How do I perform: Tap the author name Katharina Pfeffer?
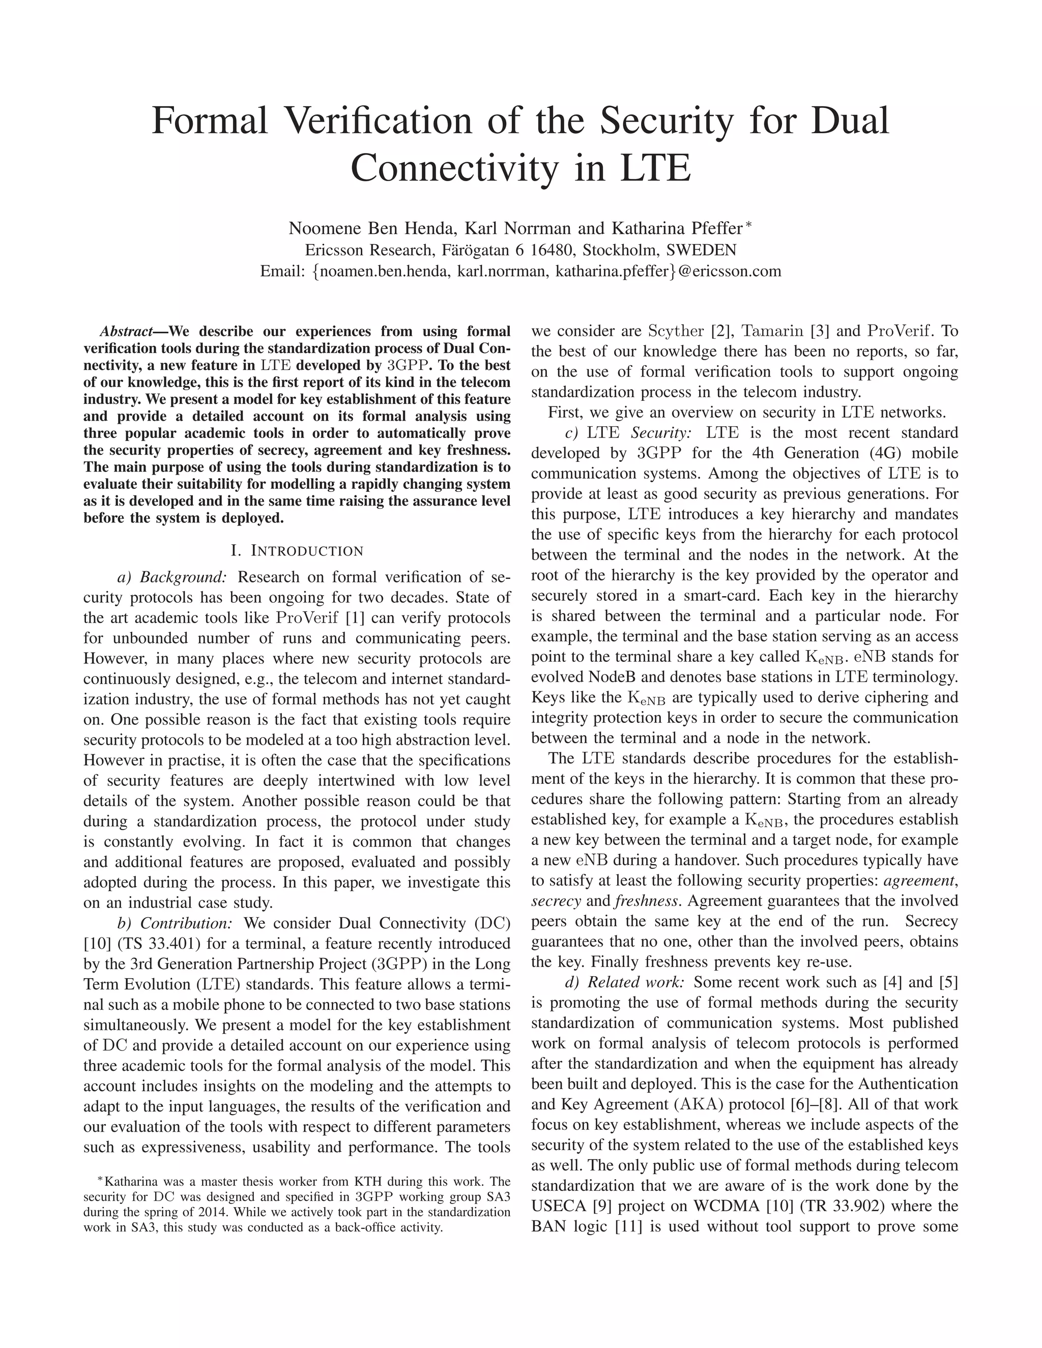click(x=677, y=229)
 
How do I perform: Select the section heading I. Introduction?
click(x=297, y=550)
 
